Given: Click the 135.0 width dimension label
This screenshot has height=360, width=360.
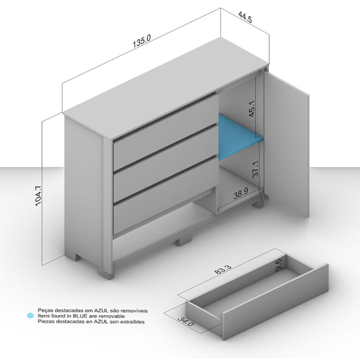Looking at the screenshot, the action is pos(142,41).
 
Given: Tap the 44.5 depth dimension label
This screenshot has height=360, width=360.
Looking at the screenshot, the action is pos(245,17).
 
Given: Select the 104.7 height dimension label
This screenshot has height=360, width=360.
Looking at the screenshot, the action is pos(38,196).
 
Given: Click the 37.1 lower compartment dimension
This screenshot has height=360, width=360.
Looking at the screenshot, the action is pos(255,169).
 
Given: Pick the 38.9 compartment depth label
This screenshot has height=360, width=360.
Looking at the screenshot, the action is pos(241,194).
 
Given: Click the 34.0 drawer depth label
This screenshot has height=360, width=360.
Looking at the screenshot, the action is pos(186,321).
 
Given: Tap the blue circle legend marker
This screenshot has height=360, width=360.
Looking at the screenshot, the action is pos(30,315).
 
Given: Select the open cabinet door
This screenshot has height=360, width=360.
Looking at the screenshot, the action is pos(286,144).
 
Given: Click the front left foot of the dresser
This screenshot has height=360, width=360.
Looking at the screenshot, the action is pos(106,273).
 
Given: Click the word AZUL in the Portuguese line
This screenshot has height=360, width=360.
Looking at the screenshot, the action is pos(101,311).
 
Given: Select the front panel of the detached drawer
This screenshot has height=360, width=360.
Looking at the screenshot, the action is pos(275,302).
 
